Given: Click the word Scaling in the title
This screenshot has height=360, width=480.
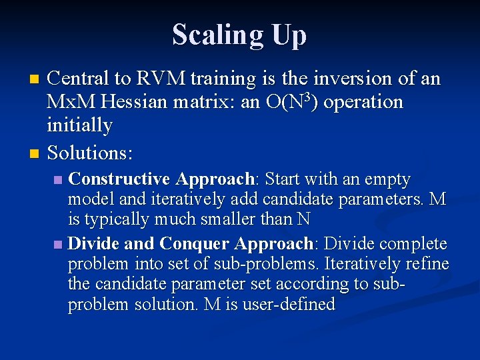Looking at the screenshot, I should click(212, 35).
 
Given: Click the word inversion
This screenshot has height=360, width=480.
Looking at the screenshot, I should click(347, 79).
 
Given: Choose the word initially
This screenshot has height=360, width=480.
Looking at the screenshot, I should click(79, 125).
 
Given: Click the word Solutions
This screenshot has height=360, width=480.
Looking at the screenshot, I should click(90, 153).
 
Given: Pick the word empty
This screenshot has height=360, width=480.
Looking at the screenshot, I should click(387, 180).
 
